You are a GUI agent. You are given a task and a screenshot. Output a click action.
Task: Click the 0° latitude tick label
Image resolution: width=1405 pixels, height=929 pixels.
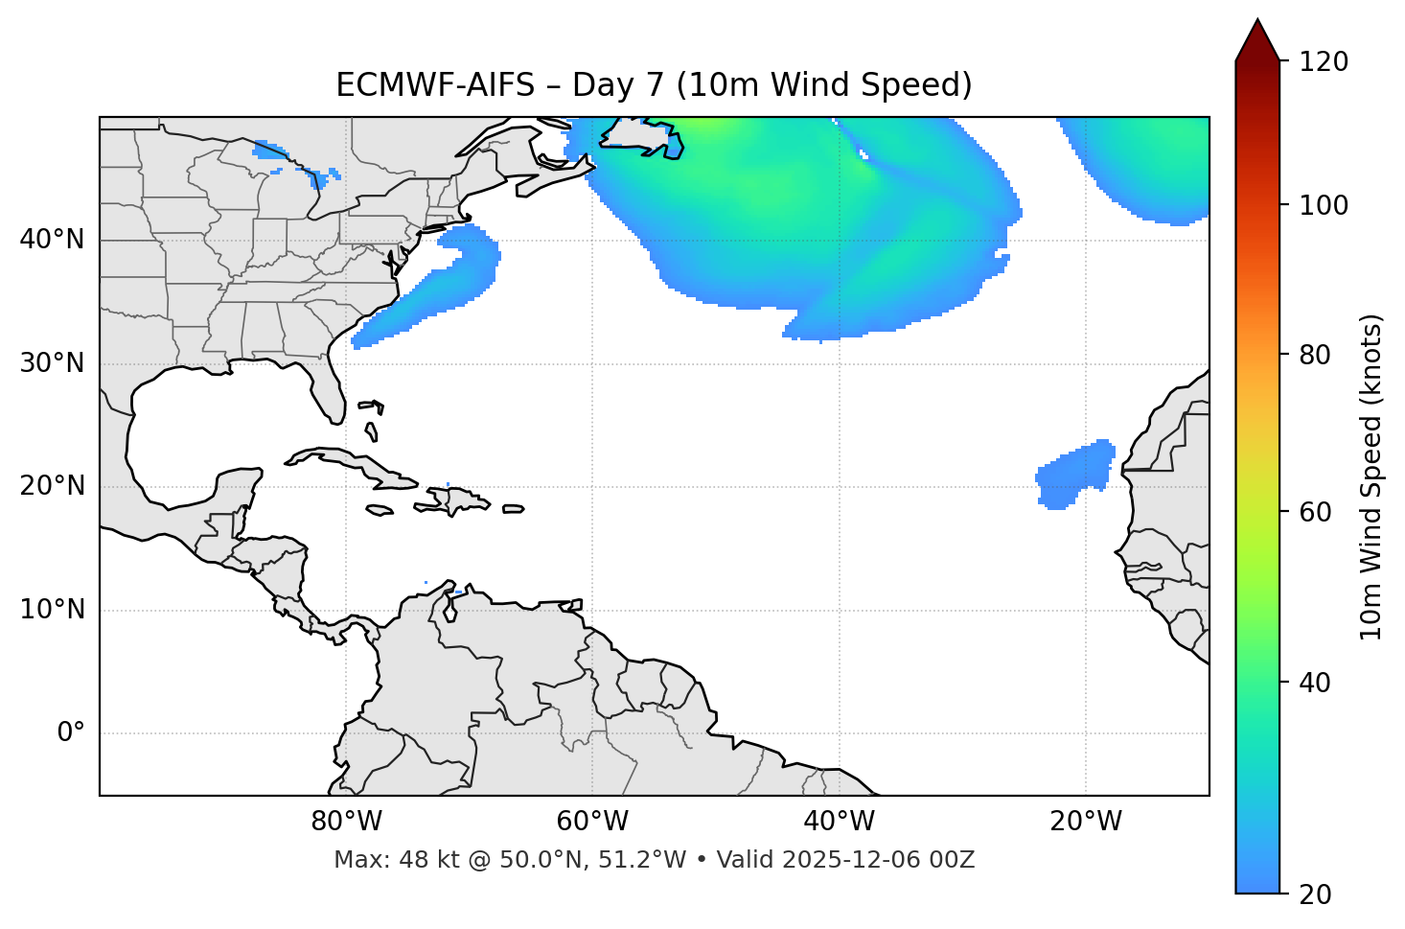(x=71, y=733)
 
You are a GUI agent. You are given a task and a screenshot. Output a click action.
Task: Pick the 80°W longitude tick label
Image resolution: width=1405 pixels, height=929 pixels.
(x=346, y=822)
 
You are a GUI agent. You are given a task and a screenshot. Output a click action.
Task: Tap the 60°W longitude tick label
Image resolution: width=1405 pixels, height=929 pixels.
(x=592, y=822)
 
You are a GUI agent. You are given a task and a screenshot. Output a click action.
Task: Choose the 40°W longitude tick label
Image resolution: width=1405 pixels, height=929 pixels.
(x=839, y=822)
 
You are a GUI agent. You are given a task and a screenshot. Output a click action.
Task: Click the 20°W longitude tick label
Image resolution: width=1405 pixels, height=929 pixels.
(x=1085, y=822)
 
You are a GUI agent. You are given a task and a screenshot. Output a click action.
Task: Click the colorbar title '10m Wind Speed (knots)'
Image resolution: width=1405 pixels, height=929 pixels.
(x=1372, y=477)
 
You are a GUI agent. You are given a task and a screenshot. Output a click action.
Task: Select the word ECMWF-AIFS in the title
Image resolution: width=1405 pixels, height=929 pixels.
(x=435, y=85)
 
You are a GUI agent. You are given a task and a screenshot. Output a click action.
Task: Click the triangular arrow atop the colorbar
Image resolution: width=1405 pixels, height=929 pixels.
(x=1257, y=40)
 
